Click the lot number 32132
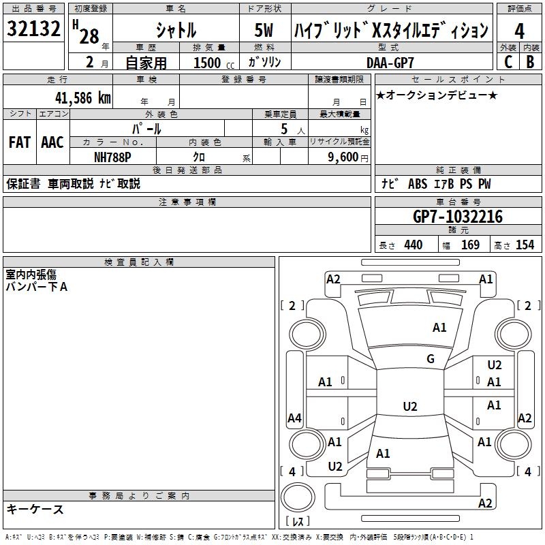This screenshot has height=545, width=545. click(x=33, y=29)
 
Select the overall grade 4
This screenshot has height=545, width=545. click(x=519, y=31)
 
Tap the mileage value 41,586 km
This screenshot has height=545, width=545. click(x=83, y=98)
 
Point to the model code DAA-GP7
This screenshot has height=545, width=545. click(x=390, y=63)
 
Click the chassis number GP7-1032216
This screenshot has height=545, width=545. click(x=458, y=217)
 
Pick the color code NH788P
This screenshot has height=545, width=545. click(x=112, y=157)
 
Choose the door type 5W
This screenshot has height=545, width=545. click(x=264, y=30)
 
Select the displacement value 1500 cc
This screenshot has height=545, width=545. click(x=214, y=63)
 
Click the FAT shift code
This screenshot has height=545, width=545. click(x=20, y=142)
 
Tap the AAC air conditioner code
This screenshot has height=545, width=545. click(x=52, y=142)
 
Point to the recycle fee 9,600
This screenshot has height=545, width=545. click(x=343, y=157)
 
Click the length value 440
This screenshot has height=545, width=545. click(x=414, y=245)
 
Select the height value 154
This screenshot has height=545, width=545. click(x=525, y=245)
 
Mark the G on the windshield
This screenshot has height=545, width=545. click(x=431, y=358)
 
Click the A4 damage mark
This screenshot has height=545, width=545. click(x=294, y=418)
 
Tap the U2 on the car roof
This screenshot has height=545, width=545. click(x=410, y=406)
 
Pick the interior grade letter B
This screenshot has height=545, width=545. click(x=530, y=62)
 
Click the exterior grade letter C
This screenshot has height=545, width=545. click(x=508, y=62)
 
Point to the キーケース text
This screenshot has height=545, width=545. click(x=35, y=509)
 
